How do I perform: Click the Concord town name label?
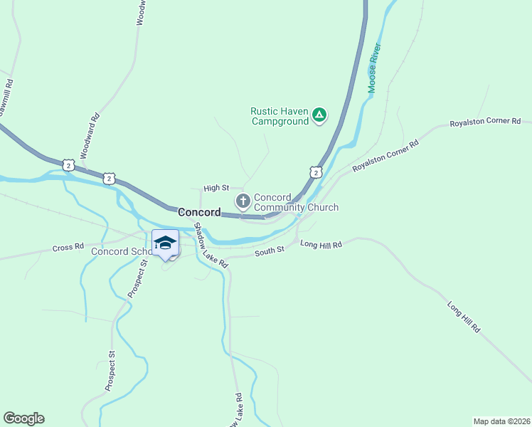click(198, 212)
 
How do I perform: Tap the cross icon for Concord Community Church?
click(243, 201)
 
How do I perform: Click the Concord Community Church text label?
click(296, 202)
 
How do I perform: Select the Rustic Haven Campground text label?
click(280, 116)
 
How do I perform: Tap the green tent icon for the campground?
click(320, 115)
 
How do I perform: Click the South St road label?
click(270, 250)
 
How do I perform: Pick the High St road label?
click(214, 188)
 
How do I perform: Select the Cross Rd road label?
click(68, 248)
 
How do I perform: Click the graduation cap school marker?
click(165, 243)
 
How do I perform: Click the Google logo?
click(23, 418)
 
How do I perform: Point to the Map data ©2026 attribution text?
click(501, 421)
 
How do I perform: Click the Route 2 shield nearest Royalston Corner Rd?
click(316, 172)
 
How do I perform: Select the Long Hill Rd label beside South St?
click(321, 244)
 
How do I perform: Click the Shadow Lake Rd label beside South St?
click(212, 246)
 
